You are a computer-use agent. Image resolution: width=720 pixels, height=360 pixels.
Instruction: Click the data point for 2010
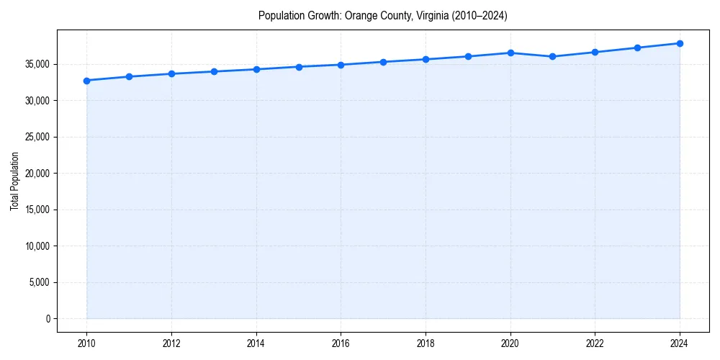tap(86, 81)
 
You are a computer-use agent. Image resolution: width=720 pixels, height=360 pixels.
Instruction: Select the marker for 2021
tap(552, 56)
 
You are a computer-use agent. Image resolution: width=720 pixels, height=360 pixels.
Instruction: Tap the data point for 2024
tap(680, 43)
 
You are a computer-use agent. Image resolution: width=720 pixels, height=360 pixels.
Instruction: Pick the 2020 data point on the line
tap(510, 53)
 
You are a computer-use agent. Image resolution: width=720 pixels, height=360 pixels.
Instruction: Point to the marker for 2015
tap(299, 67)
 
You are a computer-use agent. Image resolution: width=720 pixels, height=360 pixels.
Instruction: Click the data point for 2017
tap(383, 62)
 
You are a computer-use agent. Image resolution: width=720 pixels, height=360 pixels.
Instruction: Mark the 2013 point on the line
tap(214, 71)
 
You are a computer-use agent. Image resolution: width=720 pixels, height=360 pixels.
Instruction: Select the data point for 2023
tap(637, 48)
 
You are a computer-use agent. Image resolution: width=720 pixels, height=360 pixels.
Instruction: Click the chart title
tap(383, 16)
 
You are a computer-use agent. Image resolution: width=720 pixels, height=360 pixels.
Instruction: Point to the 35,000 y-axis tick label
tap(35, 64)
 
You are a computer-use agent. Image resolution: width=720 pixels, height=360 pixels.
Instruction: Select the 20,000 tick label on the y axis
tap(35, 174)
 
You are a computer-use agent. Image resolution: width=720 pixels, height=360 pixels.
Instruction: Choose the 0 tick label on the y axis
tap(47, 318)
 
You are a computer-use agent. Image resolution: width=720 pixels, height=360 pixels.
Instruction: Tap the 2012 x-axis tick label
tap(171, 343)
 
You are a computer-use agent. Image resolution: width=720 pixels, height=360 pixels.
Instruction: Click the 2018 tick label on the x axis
tap(426, 343)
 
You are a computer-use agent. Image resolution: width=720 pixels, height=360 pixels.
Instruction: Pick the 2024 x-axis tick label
tap(680, 343)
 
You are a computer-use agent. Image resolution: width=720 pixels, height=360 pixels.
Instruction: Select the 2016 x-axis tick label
tap(341, 343)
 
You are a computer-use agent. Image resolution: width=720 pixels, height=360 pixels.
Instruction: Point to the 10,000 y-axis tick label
tap(35, 246)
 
